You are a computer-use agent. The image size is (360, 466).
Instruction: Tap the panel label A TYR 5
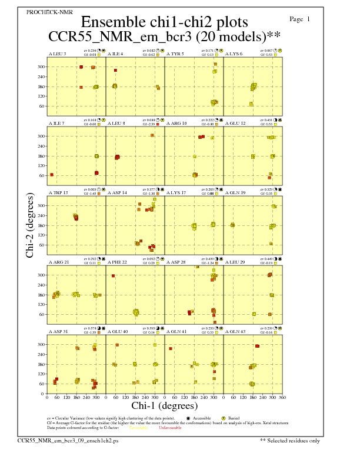(x=175, y=54)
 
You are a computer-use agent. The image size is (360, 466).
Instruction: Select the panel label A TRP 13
(x=58, y=192)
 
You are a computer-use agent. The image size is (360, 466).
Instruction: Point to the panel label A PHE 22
(x=118, y=262)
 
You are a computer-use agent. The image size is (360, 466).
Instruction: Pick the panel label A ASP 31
(x=58, y=331)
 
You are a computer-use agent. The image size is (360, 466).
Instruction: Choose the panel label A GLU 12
(x=236, y=123)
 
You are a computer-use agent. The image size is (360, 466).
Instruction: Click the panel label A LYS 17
(x=176, y=192)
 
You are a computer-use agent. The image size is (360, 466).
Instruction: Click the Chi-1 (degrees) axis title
(x=164, y=405)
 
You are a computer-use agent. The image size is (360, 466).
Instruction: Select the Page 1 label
(x=300, y=19)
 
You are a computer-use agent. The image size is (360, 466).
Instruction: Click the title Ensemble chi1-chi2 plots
(x=164, y=22)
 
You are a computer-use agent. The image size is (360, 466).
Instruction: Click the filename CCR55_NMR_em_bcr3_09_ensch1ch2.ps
(x=68, y=440)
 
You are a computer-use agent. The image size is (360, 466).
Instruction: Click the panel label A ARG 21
(x=58, y=262)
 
